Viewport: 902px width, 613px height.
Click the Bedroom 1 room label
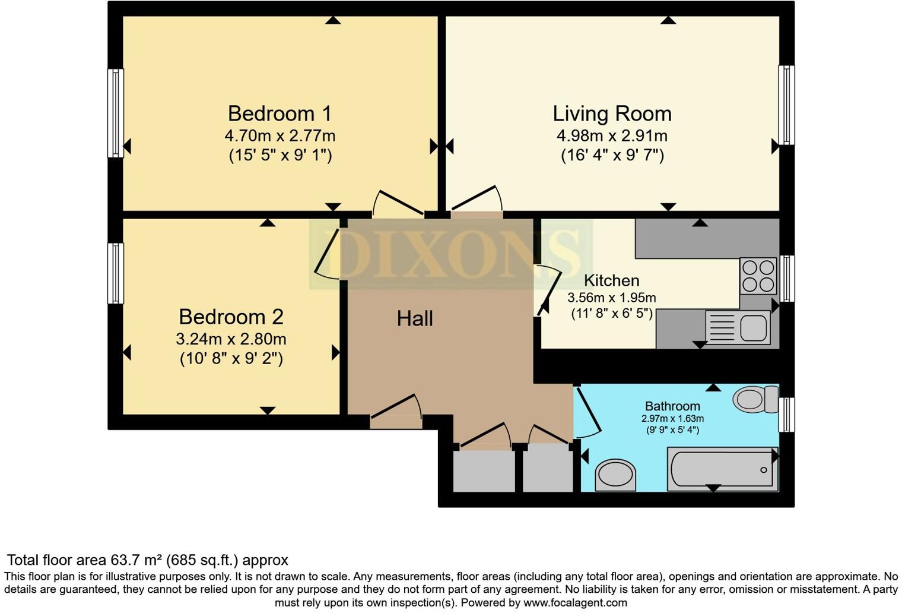click(x=280, y=113)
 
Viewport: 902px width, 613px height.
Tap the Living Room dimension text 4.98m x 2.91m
click(x=612, y=135)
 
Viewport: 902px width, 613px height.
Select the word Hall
click(x=415, y=319)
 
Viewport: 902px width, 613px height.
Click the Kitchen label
click(x=611, y=280)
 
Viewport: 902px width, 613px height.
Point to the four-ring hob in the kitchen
click(x=758, y=276)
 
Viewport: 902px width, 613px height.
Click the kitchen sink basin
click(x=752, y=328)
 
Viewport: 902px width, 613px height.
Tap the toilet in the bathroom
click(x=754, y=399)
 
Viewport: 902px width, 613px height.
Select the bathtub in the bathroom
click(x=722, y=470)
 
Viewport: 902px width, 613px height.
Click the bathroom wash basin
click(x=615, y=475)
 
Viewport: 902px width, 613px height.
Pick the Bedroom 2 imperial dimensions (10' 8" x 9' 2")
click(x=231, y=359)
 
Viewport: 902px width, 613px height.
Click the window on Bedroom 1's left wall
click(x=115, y=113)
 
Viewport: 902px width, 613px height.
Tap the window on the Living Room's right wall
click(x=786, y=105)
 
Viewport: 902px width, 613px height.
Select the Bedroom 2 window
click(x=115, y=273)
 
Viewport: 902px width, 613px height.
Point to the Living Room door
click(x=477, y=202)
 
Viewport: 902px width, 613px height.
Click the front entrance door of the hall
click(x=396, y=413)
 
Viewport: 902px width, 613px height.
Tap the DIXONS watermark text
click(x=451, y=254)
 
